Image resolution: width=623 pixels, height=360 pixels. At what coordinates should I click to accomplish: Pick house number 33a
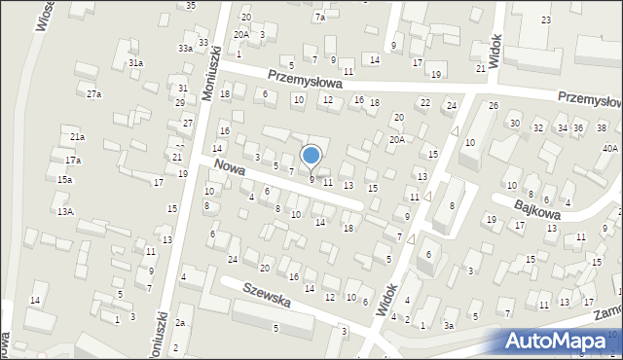tap(184, 48)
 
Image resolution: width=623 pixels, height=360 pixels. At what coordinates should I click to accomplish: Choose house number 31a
tap(136, 63)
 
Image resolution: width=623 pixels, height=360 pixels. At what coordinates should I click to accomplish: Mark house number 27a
tap(93, 94)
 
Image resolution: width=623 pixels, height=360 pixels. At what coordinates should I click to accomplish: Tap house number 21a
tap(77, 137)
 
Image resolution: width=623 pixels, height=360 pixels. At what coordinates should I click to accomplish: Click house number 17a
tap(73, 160)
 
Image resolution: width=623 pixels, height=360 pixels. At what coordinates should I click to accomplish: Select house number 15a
tap(64, 180)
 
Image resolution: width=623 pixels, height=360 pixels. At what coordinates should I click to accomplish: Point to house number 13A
tap(65, 211)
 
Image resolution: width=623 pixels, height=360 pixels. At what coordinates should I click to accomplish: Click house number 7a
tap(319, 18)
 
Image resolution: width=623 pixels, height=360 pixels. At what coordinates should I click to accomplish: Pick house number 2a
tap(180, 322)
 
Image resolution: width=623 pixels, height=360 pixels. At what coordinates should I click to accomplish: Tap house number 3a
tap(449, 326)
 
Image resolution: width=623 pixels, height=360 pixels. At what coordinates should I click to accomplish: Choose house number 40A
tap(609, 149)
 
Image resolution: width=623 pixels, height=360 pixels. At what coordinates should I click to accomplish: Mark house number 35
tap(191, 6)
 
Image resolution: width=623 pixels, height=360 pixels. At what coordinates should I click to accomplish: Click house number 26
tap(494, 105)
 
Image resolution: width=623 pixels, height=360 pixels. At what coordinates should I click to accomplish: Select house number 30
tap(514, 124)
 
